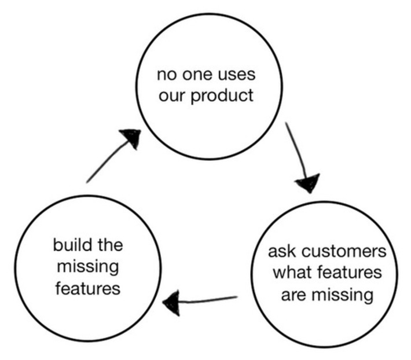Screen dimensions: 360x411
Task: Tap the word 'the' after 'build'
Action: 109,245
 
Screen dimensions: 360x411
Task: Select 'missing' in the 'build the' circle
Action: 88,266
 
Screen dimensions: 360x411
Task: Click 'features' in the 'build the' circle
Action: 88,288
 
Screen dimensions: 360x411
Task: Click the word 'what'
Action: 292,273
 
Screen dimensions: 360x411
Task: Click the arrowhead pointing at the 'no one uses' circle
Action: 133,138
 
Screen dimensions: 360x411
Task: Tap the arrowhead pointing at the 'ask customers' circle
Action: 308,182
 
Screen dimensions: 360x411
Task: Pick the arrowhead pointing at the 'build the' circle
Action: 172,303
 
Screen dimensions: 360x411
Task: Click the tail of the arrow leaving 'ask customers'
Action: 236,298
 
